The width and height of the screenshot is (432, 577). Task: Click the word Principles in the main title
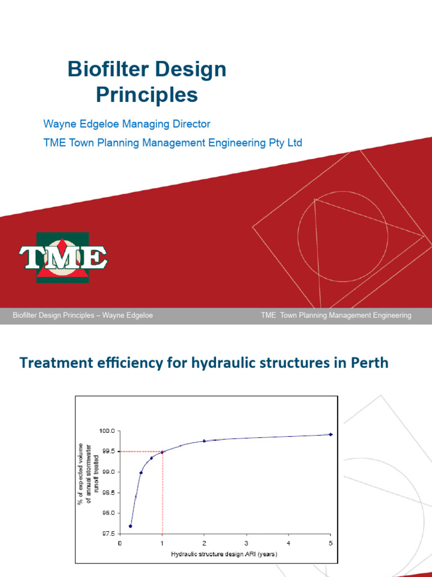coord(146,95)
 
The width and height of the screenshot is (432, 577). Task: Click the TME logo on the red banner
coord(62,258)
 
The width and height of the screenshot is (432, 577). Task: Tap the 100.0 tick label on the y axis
coord(107,430)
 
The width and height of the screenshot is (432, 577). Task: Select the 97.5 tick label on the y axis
coord(109,534)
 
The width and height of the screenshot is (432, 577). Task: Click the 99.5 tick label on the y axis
coord(109,451)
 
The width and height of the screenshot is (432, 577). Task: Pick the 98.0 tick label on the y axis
coord(109,513)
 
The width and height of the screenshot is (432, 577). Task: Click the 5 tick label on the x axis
coord(331,543)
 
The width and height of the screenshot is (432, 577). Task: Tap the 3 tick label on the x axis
coord(246,543)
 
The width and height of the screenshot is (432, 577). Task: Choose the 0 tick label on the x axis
coord(120,543)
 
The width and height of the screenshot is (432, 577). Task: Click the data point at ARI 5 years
coord(331,434)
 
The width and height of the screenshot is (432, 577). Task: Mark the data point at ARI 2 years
coord(204,441)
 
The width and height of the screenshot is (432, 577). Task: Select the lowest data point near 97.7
coord(130,526)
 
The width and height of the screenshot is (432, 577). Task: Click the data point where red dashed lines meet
coord(162,452)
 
